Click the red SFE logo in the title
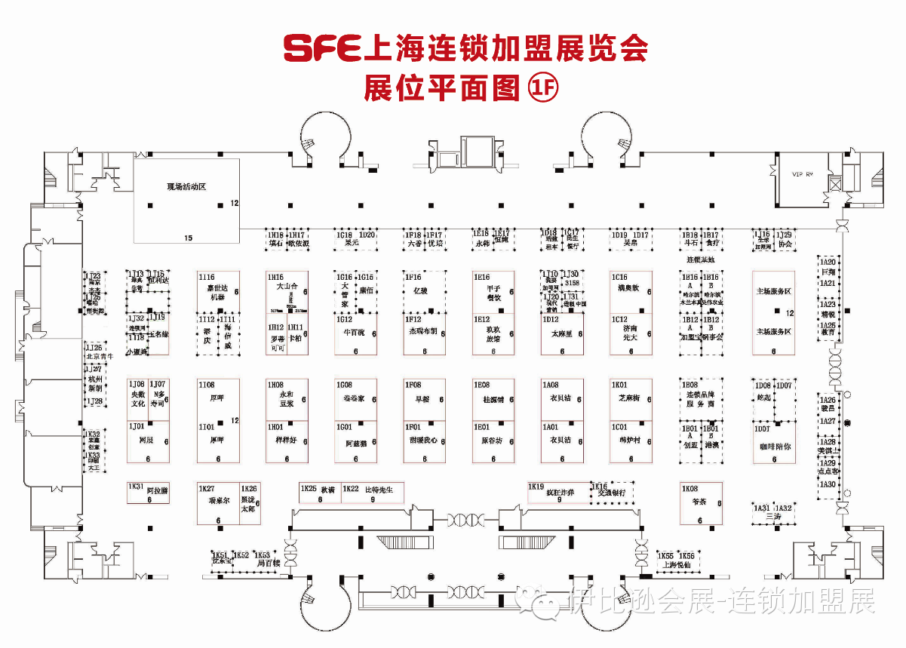pyautogui.click(x=322, y=48)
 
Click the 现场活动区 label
pyautogui.click(x=186, y=186)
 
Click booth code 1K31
pyautogui.click(x=136, y=487)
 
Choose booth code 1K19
pyautogui.click(x=536, y=487)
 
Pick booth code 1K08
pyautogui.click(x=689, y=489)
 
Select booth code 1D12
pyautogui.click(x=551, y=319)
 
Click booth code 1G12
pyautogui.click(x=344, y=319)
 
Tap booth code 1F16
pyautogui.click(x=413, y=278)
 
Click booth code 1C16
pyautogui.click(x=620, y=278)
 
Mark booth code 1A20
pyautogui.click(x=828, y=261)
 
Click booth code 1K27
pyautogui.click(x=206, y=489)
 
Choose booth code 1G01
pyautogui.click(x=344, y=427)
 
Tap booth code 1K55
pyautogui.click(x=665, y=555)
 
